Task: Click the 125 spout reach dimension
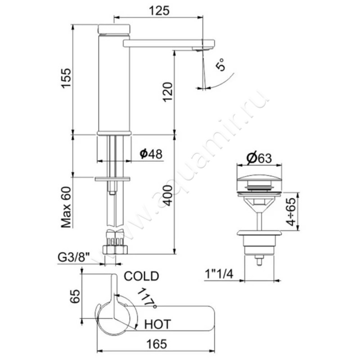[159, 11]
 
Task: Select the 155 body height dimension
[66, 78]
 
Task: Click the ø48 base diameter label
[151, 154]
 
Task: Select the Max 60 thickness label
[66, 207]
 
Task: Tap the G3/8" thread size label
[73, 257]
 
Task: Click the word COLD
[141, 276]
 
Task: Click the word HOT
[157, 324]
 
